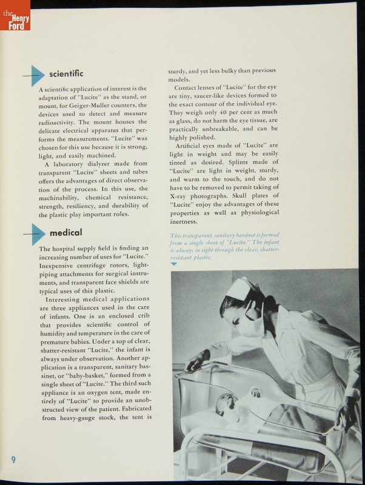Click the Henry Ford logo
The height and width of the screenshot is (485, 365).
[15, 16]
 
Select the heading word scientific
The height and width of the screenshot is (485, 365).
[66, 74]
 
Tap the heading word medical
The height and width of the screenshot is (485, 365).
[66, 233]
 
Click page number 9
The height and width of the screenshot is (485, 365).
[13, 459]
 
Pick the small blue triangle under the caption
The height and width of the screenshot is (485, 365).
[174, 264]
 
